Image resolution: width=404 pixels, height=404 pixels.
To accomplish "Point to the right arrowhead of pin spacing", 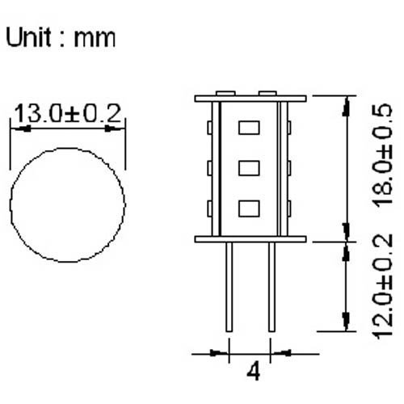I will tap(282, 352).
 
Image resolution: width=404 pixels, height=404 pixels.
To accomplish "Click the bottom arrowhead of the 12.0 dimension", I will tap(347, 322).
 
